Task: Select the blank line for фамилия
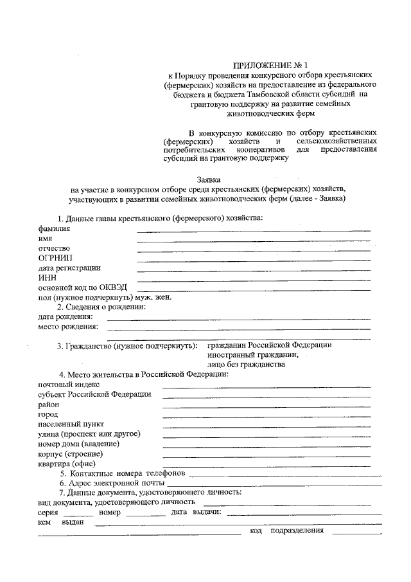[x=254, y=230]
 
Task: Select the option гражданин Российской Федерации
[x=269, y=345]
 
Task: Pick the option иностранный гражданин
[x=252, y=354]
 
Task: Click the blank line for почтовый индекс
[x=267, y=386]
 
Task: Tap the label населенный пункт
[x=66, y=424]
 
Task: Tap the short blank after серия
[x=78, y=514]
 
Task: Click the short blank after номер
[x=146, y=514]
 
